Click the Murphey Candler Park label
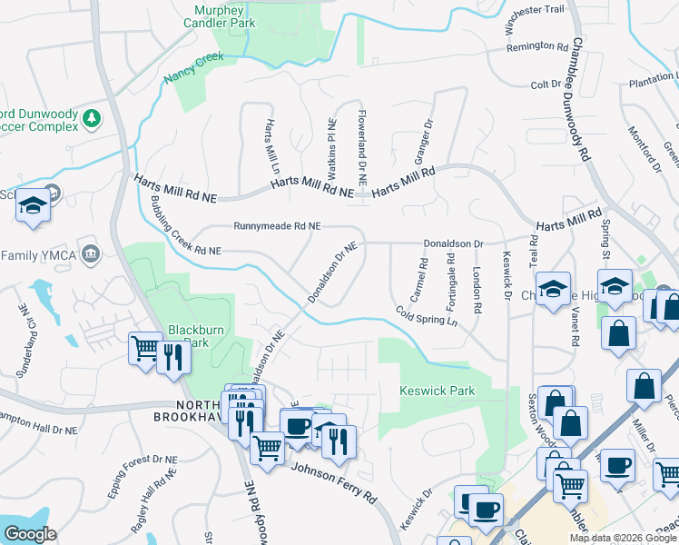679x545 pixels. click(x=220, y=16)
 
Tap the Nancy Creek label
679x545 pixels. click(x=193, y=69)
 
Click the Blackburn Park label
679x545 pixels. click(x=190, y=336)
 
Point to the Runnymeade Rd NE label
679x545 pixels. click(x=277, y=226)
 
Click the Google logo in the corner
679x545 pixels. click(x=29, y=534)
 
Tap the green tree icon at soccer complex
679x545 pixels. click(x=91, y=117)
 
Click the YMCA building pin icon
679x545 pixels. click(x=89, y=252)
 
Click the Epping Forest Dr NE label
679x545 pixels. click(x=139, y=471)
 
